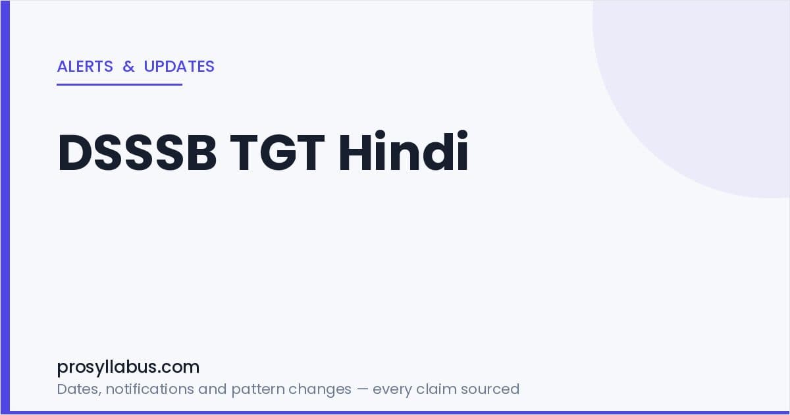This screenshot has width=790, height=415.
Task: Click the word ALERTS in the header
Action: pyautogui.click(x=85, y=67)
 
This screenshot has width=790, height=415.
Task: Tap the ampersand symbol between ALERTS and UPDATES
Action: pyautogui.click(x=128, y=67)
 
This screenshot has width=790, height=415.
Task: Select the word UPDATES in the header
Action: pyautogui.click(x=179, y=67)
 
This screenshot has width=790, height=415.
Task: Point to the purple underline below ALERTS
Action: pyautogui.click(x=120, y=85)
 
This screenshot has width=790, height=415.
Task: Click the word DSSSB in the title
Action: pyautogui.click(x=137, y=152)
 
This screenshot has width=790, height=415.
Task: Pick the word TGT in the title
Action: pyautogui.click(x=277, y=152)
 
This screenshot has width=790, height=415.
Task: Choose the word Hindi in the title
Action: pyautogui.click(x=403, y=151)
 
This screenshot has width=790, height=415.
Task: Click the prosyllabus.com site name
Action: pyautogui.click(x=128, y=367)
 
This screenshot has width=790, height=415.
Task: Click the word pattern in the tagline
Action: pyautogui.click(x=258, y=390)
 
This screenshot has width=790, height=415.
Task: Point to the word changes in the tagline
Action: pyautogui.click(x=320, y=390)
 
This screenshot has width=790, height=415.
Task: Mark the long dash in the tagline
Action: pyautogui.click(x=362, y=389)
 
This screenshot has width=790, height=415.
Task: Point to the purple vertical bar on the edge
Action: pyautogui.click(x=5, y=207)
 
